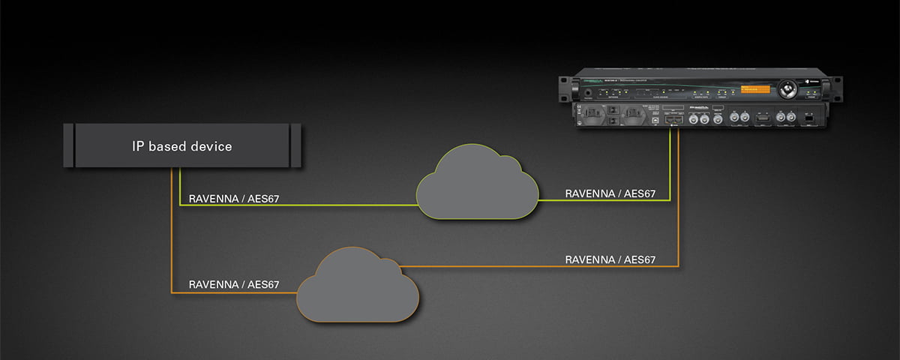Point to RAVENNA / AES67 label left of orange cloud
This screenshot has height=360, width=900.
234,285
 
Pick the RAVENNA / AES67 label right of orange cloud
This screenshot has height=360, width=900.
610,259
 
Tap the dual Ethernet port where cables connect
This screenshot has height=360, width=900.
672,120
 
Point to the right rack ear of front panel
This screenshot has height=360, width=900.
829,88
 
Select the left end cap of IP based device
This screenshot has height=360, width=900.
68,145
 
